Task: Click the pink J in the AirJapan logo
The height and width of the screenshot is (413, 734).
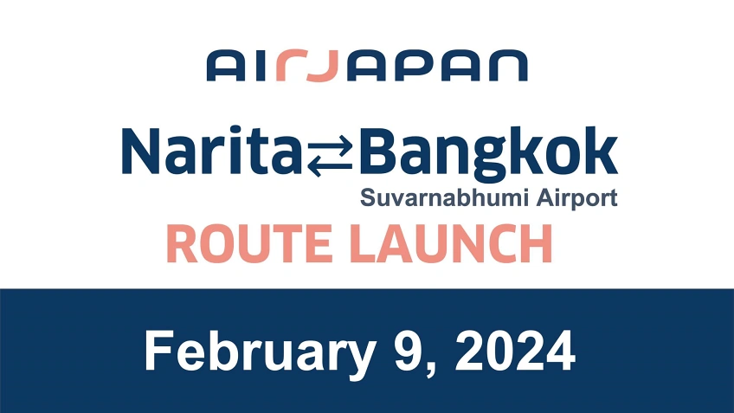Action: (322, 67)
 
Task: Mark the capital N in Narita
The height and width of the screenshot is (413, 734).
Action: (143, 152)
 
